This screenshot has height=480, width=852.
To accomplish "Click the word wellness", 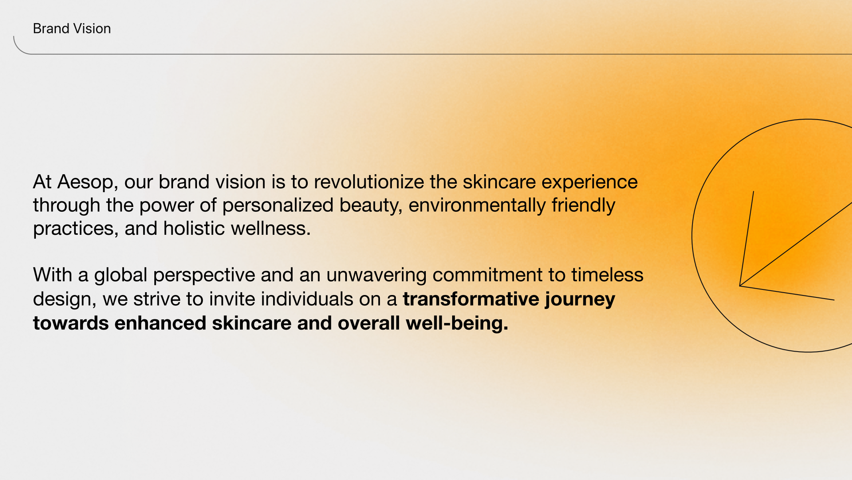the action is click(271, 229).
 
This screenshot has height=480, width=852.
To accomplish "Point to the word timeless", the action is click(607, 275).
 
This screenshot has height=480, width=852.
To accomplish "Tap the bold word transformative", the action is click(471, 299).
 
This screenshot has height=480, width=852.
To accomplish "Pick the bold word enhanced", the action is click(160, 323).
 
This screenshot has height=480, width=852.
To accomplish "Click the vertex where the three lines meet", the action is click(740, 286).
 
